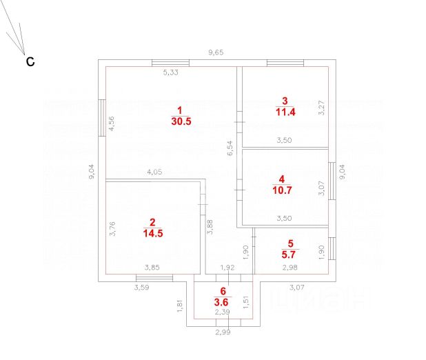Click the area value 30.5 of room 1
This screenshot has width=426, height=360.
coord(181,120)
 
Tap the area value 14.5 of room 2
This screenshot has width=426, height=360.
coord(152,232)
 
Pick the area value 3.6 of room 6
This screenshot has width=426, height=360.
coord(223,301)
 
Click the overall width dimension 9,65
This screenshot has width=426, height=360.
coord(217,52)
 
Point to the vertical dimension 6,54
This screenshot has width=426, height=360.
coord(231,149)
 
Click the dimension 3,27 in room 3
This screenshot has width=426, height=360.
coord(321,109)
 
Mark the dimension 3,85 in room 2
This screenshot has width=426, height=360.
coord(152,268)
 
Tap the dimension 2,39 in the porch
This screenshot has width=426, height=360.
coord(222,312)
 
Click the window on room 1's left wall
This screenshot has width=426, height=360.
coord(102,117)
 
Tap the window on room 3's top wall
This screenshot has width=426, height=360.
coord(285,63)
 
